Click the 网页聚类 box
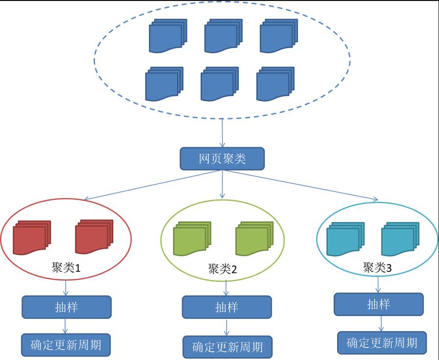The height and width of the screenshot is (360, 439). (222, 159)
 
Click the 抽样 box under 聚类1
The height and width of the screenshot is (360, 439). (67, 307)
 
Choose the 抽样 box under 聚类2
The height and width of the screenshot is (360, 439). (227, 307)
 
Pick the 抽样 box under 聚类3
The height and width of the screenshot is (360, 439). (378, 304)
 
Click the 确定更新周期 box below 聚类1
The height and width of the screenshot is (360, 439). (66, 344)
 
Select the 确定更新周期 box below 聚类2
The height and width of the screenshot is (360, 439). (227, 347)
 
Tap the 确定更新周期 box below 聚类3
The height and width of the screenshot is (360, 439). (382, 342)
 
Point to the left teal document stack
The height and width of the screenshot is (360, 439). (345, 238)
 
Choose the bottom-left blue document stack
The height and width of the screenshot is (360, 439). (164, 84)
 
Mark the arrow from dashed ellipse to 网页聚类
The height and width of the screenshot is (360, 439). (223, 133)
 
